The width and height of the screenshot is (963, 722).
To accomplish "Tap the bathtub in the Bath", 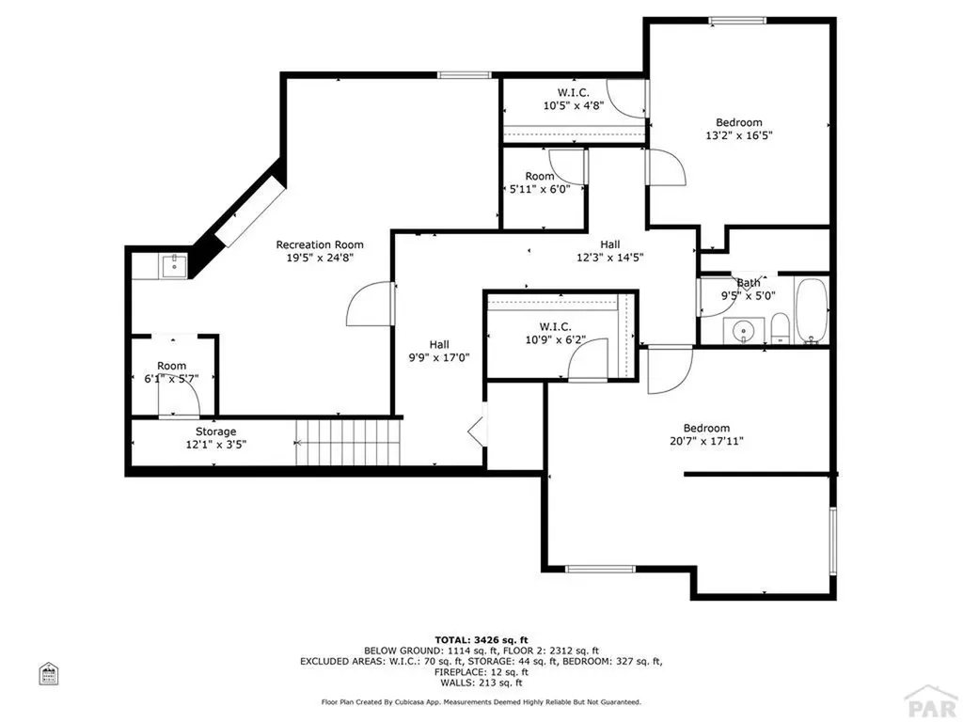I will click(x=810, y=309).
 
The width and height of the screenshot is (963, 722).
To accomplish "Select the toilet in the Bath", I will click(x=780, y=329).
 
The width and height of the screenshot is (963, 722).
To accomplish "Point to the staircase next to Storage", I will click(x=348, y=442).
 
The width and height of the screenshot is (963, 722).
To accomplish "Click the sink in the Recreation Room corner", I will click(x=173, y=267).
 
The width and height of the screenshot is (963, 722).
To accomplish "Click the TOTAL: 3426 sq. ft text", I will click(x=481, y=638).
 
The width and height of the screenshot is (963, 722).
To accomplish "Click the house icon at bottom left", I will click(x=48, y=674).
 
